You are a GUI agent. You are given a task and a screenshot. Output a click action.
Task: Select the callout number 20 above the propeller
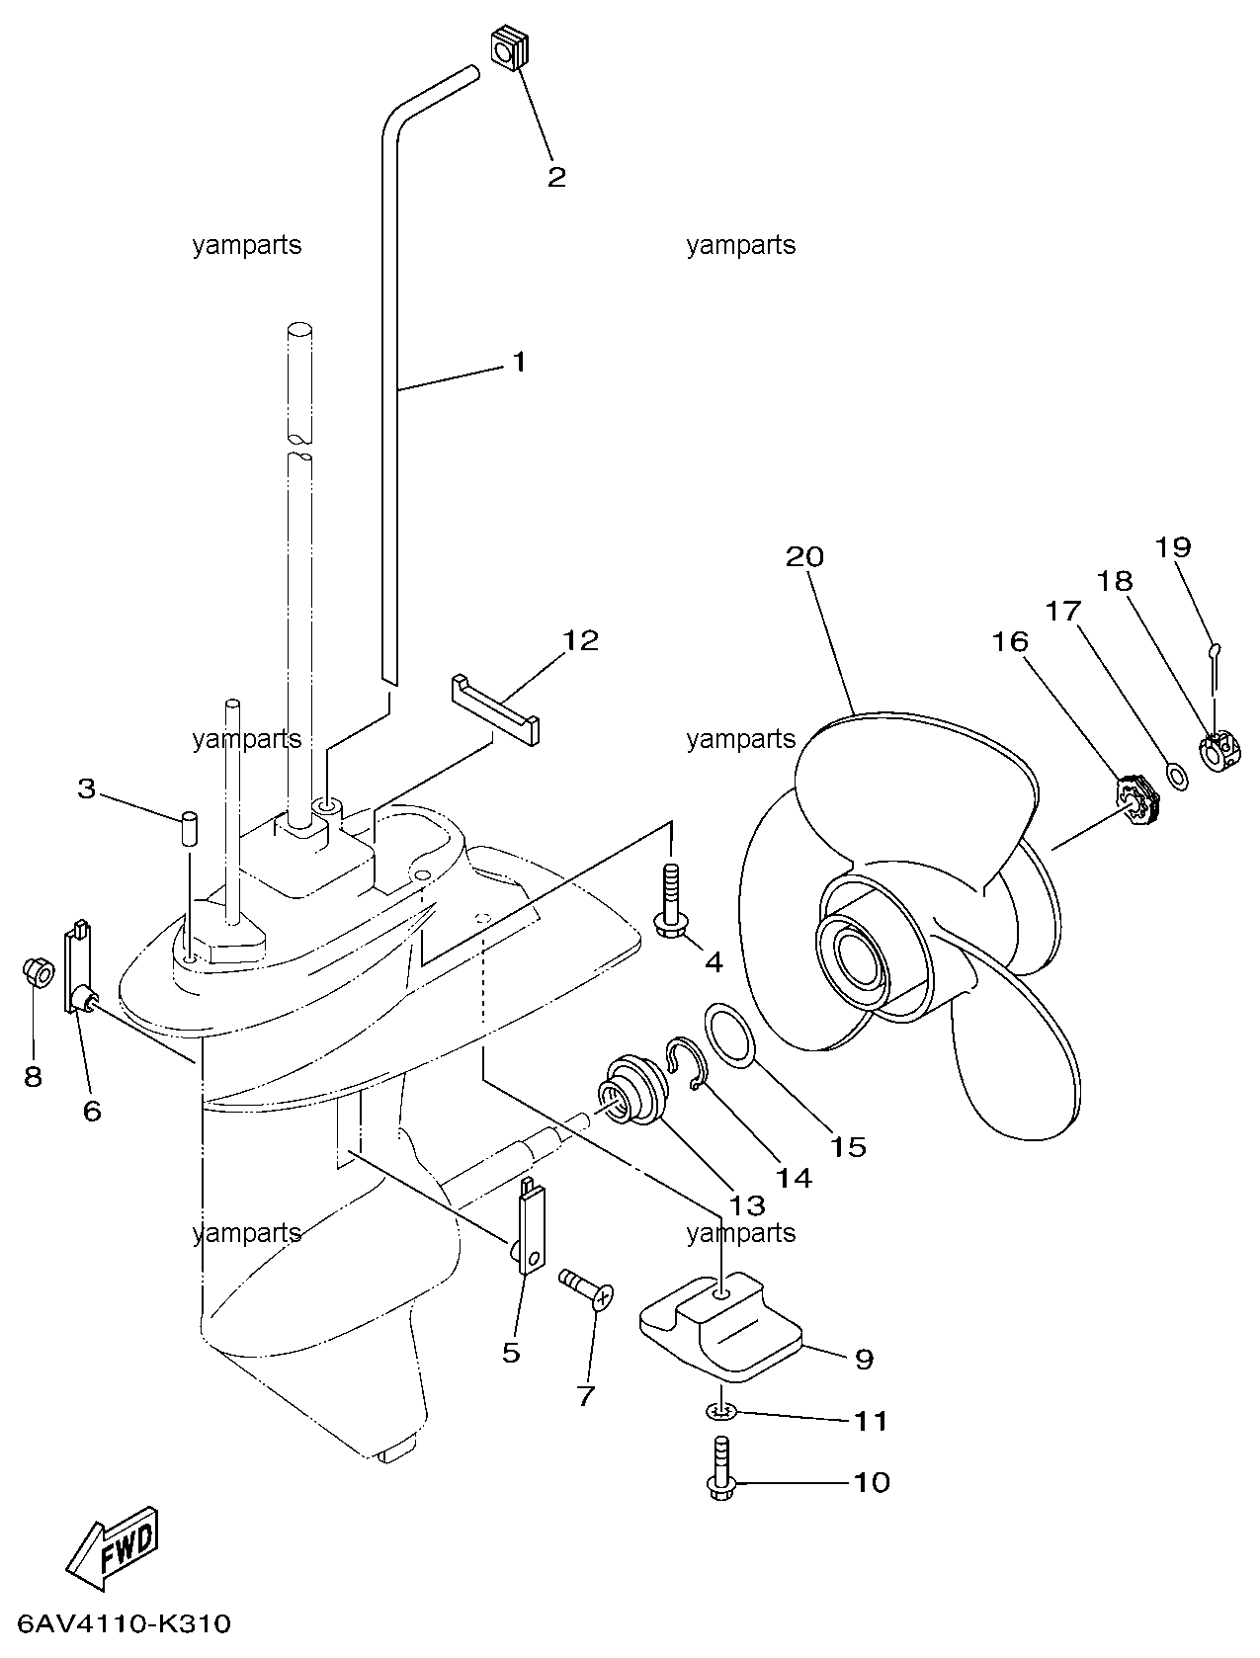click(804, 556)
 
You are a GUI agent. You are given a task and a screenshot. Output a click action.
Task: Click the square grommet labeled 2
click(512, 50)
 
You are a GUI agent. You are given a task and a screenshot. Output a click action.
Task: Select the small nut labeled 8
click(39, 973)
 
